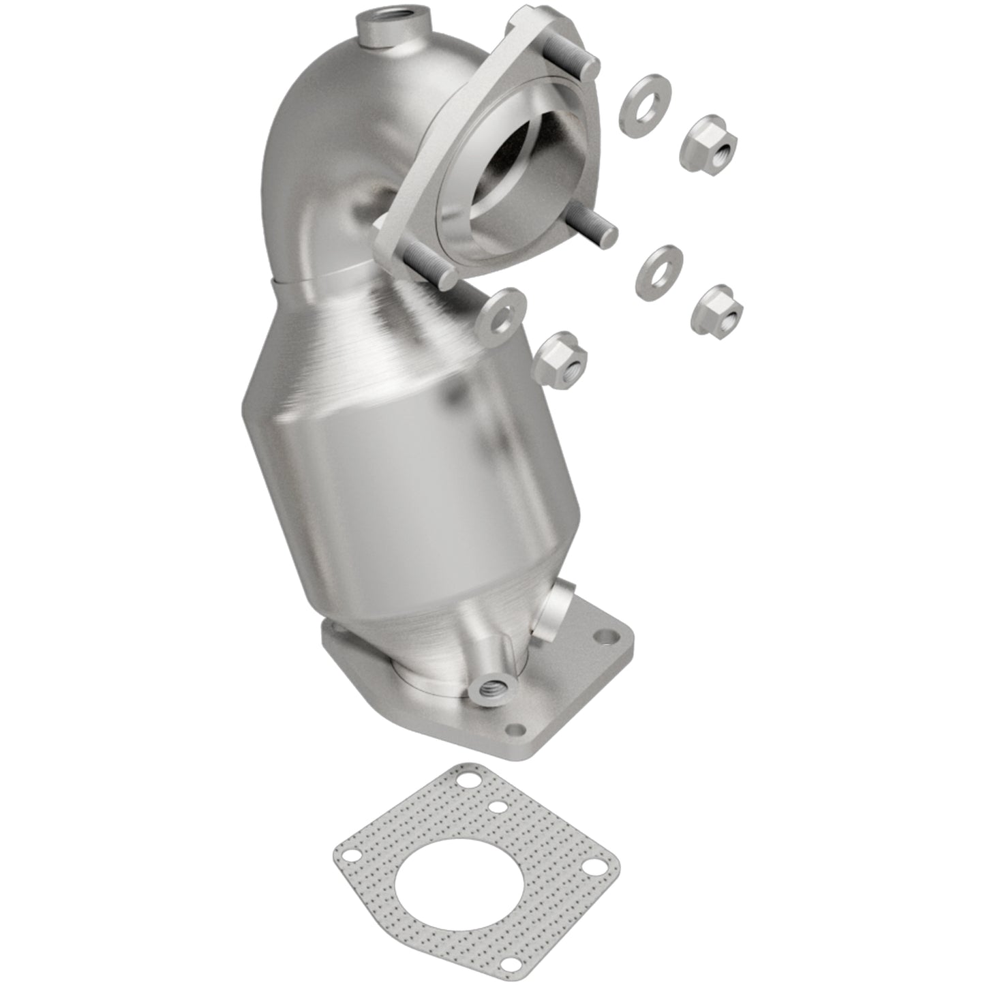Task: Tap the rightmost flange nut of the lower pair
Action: pos(717,309)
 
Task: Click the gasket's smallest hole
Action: pos(498,806)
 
